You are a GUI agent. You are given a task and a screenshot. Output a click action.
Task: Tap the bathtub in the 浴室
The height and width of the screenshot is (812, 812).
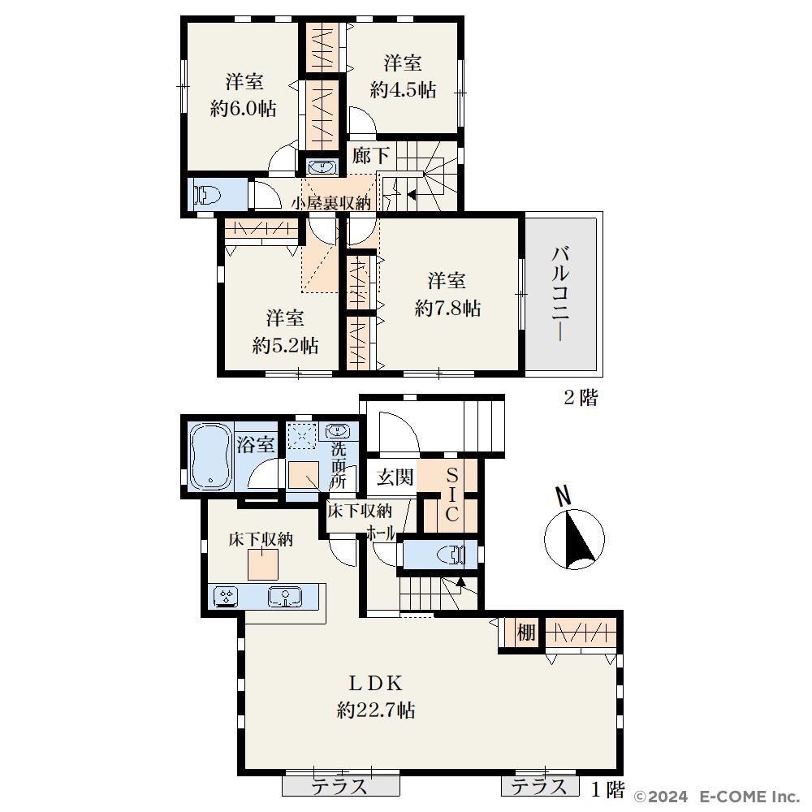click(210, 456)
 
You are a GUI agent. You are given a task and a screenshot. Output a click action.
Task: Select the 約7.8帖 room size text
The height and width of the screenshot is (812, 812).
click(447, 309)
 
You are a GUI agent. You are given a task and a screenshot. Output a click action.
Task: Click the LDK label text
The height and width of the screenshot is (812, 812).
click(375, 684)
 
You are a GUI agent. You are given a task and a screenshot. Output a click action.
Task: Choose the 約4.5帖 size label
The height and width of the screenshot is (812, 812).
click(403, 90)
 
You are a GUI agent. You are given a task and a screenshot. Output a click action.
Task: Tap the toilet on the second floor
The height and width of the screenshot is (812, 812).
click(207, 195)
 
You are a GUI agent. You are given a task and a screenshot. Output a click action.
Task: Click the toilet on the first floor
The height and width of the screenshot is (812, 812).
click(451, 554)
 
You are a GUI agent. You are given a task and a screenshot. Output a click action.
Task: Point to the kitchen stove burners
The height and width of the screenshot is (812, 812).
click(227, 596)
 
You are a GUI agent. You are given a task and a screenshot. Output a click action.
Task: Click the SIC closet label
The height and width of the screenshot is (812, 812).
click(451, 495)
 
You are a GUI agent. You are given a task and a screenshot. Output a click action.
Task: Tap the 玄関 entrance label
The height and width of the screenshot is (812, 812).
click(395, 477)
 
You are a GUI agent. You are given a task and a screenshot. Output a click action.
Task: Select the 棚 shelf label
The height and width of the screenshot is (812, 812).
click(525, 633)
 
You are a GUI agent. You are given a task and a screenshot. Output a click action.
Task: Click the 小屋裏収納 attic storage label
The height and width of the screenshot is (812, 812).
click(331, 203)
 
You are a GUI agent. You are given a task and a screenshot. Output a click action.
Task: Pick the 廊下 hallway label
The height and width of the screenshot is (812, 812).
click(371, 155)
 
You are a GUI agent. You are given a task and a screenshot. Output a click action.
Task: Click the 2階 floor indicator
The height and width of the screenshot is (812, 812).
click(581, 398)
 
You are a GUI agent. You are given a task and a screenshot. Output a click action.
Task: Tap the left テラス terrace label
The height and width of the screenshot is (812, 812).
click(339, 787)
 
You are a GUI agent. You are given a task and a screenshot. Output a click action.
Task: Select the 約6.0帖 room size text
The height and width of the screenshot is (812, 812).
click(244, 109)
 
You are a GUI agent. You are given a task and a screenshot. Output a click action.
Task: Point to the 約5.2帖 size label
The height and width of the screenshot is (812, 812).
click(285, 345)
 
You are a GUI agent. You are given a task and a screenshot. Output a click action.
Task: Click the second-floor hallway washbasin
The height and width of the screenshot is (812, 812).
click(322, 166)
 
